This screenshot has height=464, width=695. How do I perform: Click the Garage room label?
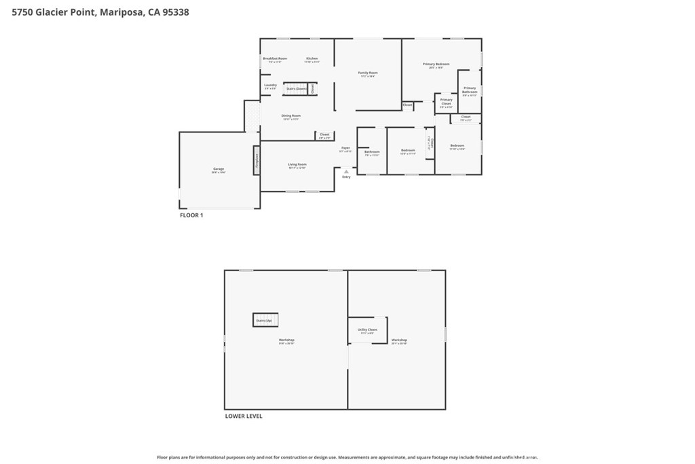(219, 169)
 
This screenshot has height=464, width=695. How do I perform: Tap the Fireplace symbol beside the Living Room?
(257, 160)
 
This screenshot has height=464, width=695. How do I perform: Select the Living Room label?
(297, 164)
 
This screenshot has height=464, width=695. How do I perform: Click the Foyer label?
(345, 147)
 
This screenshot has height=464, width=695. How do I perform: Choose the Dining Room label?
(290, 116)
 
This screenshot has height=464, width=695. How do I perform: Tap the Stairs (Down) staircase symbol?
(296, 88)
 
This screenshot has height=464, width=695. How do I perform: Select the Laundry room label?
(270, 86)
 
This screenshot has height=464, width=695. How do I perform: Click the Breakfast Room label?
(275, 59)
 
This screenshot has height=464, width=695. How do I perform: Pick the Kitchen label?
(312, 59)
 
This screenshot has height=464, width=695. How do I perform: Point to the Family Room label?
(368, 73)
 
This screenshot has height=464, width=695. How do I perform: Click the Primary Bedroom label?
(436, 65)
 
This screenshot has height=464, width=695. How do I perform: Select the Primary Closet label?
(446, 102)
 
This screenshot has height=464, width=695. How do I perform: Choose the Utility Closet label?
(367, 330)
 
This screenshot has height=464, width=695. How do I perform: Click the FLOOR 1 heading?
(191, 215)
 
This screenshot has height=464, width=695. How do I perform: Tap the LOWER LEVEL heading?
(243, 416)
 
